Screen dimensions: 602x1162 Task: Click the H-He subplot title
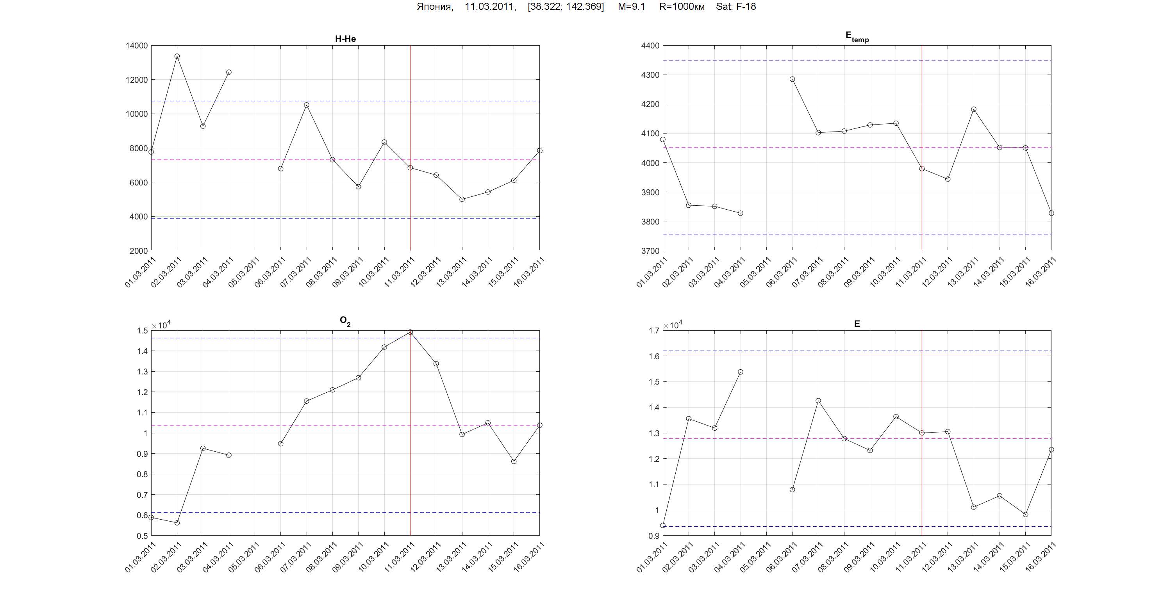point(345,39)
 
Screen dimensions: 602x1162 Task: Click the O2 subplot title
point(345,321)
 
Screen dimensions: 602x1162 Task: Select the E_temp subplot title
point(857,37)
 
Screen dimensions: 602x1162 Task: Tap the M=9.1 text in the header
point(631,7)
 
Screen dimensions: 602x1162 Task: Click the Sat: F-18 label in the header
point(736,7)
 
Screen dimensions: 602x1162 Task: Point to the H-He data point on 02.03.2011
point(177,56)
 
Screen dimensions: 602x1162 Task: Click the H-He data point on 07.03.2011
point(307,105)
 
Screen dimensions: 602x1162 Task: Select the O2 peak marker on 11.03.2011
point(410,332)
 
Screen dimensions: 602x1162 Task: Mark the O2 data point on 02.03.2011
point(177,523)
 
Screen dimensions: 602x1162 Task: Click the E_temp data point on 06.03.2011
point(793,79)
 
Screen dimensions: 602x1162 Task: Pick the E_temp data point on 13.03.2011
point(974,109)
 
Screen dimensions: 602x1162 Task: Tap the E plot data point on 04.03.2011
point(741,372)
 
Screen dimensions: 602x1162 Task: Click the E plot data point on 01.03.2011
point(663,525)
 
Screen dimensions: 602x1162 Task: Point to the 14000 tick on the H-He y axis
point(136,46)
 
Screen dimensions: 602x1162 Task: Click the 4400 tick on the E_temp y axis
point(650,46)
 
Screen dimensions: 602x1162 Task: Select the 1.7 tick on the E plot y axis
point(653,331)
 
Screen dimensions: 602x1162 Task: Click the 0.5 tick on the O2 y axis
point(142,536)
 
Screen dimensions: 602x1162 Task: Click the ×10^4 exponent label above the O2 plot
point(161,325)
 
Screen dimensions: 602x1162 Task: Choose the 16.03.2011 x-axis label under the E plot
point(1041,557)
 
